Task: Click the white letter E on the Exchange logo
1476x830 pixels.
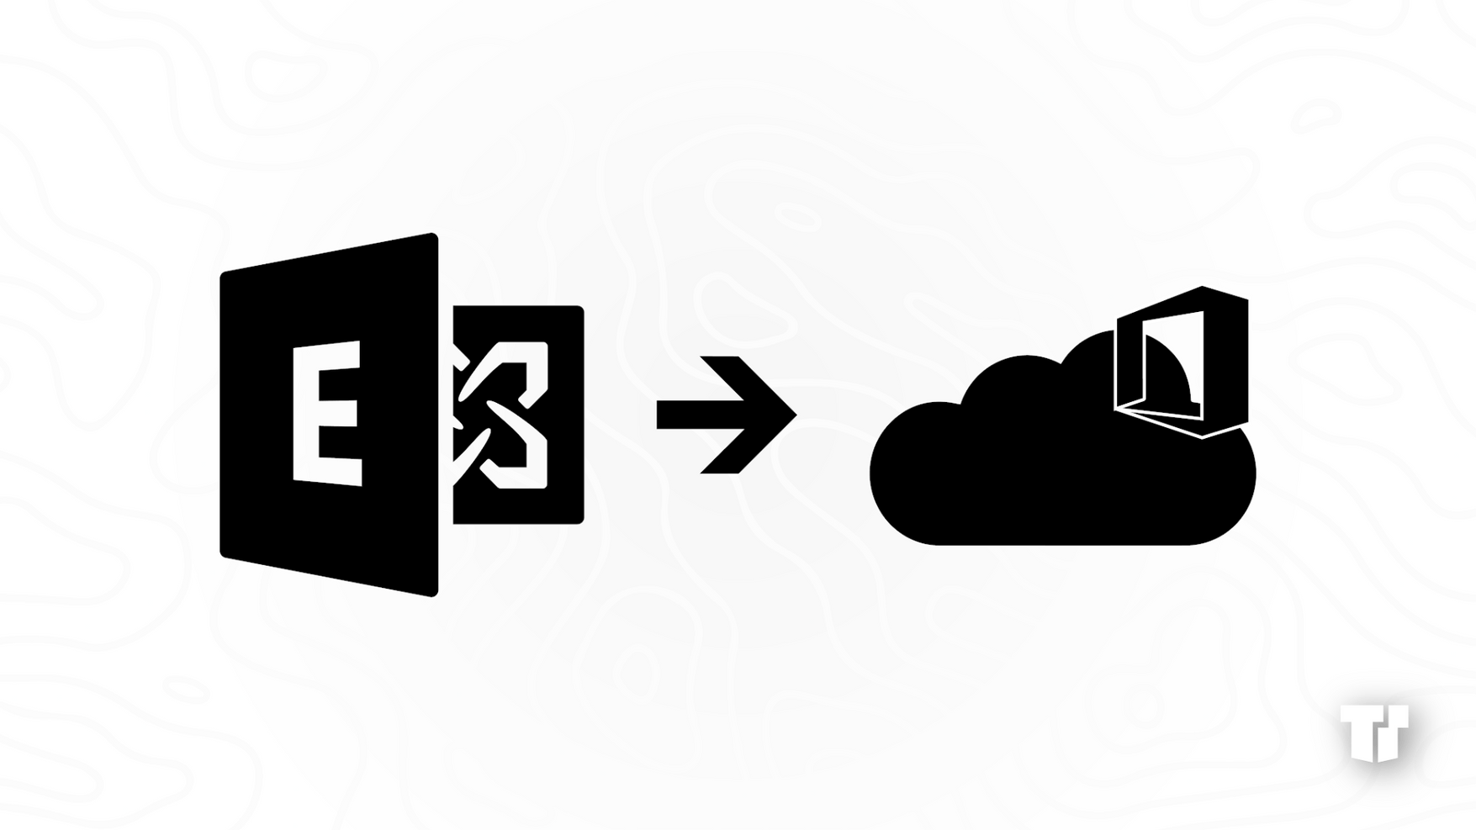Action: coord(327,413)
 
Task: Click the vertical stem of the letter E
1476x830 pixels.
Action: coord(305,413)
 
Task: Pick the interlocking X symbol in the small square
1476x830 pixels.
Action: coord(501,415)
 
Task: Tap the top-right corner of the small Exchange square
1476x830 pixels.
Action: coord(583,307)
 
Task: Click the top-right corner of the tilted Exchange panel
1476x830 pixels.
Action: coord(436,235)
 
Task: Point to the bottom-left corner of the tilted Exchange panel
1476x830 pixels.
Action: coord(222,554)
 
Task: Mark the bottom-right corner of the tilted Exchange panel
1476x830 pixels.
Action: coord(436,595)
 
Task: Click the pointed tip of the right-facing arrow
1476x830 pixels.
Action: coord(796,414)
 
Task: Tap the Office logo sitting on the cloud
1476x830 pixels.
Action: coord(1182,362)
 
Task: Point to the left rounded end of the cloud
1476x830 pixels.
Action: coord(871,473)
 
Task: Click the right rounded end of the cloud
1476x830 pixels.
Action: coord(1254,475)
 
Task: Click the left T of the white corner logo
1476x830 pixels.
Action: coord(1357,732)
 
